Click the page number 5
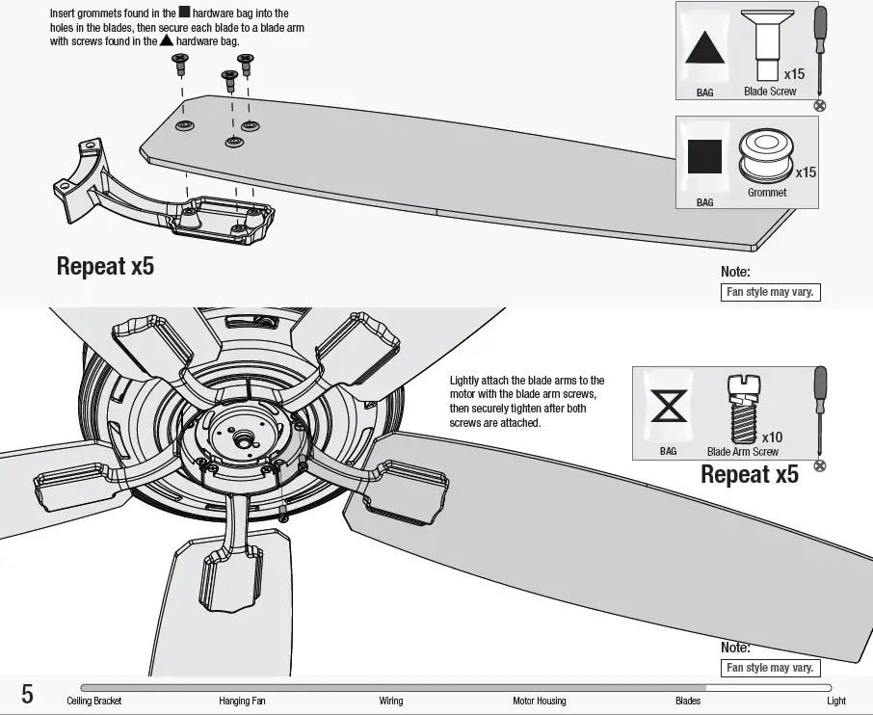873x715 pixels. pyautogui.click(x=27, y=694)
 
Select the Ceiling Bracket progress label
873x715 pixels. pyautogui.click(x=94, y=701)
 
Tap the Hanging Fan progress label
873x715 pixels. pyautogui.click(x=242, y=701)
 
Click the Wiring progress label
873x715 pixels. pyautogui.click(x=391, y=701)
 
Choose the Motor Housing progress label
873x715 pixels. pyautogui.click(x=540, y=701)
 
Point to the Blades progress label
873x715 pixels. pyautogui.click(x=688, y=701)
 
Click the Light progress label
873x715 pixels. pyautogui.click(x=836, y=701)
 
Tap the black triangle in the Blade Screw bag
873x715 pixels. pyautogui.click(x=704, y=49)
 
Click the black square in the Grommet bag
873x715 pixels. pyautogui.click(x=704, y=156)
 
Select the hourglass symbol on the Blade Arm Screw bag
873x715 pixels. pyautogui.click(x=669, y=407)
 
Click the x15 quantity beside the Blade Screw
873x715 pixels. pyautogui.click(x=794, y=74)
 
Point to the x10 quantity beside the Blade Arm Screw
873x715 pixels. pyautogui.click(x=772, y=437)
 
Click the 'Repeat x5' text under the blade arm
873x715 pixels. pyautogui.click(x=105, y=266)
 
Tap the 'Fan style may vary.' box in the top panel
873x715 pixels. pyautogui.click(x=771, y=292)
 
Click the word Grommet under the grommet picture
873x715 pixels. pyautogui.click(x=767, y=193)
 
